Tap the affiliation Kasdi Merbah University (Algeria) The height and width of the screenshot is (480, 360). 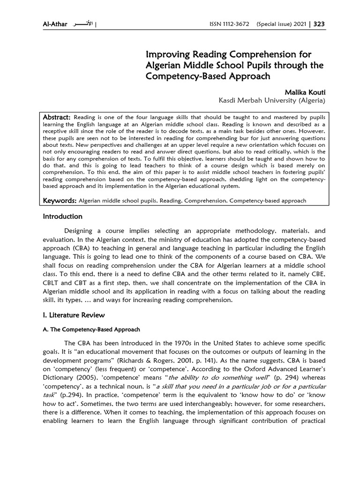click(272, 100)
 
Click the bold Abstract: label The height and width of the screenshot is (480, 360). click(57, 116)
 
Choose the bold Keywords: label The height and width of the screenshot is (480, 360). click(60, 201)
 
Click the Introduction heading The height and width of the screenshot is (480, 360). click(62, 217)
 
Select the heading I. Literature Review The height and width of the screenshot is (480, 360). click(74, 315)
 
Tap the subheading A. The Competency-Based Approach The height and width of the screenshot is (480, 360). click(91, 330)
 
